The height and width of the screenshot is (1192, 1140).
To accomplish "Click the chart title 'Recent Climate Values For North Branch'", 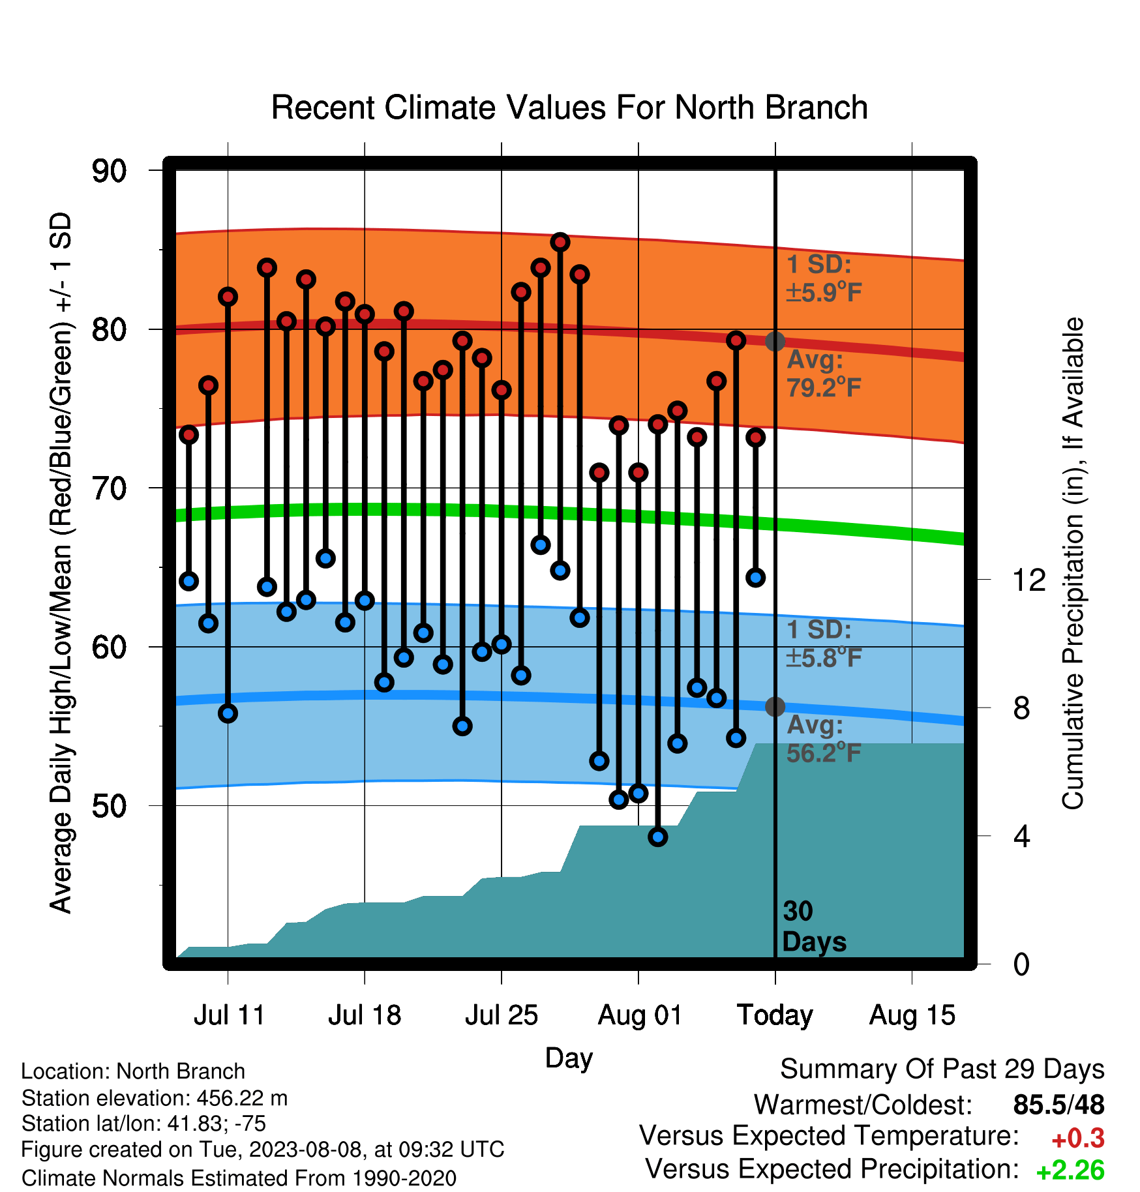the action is pos(569,108).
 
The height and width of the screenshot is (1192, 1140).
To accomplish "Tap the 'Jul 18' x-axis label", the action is pos(365,1015).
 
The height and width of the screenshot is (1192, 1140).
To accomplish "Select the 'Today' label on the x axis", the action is pos(775,1016).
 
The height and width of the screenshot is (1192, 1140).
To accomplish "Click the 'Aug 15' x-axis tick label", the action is pos(912,1015).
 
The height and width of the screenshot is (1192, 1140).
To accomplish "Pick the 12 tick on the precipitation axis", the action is pos(1029,580).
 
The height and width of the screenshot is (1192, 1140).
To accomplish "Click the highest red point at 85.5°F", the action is pos(560,243).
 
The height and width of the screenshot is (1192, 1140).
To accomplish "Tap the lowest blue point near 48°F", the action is pos(658,837).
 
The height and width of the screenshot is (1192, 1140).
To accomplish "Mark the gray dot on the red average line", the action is pos(775,341).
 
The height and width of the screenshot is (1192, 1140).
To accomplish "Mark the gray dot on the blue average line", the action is pos(775,706).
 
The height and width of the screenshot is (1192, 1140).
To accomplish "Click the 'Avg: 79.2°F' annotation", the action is pos(824,374).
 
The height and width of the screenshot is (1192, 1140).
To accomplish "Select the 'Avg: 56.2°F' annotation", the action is pos(824,739).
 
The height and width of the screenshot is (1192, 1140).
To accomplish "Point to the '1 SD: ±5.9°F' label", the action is pos(824,278).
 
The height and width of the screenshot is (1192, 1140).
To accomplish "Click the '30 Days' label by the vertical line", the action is pos(814,927).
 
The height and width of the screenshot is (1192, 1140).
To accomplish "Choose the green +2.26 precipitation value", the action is pos(1070,1170).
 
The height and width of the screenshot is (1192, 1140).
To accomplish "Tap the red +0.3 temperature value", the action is pos(1078,1139).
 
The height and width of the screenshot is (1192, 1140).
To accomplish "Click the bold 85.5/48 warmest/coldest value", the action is pos(1059,1105).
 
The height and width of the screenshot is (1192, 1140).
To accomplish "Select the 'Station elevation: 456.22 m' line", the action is pos(155,1098).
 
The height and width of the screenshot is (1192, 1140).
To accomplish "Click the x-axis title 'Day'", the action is pos(569,1058).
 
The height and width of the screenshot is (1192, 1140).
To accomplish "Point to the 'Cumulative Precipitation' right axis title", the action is pos(1073,564).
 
